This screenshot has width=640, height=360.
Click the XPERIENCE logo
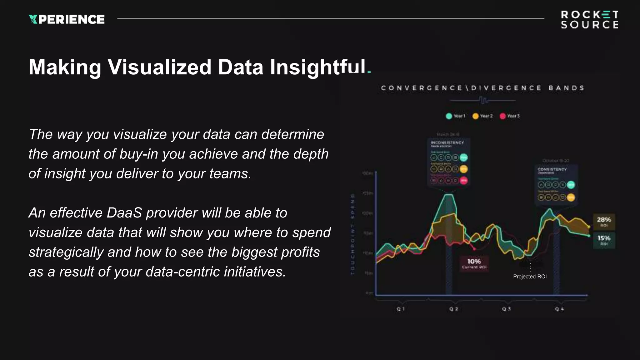pos(67,19)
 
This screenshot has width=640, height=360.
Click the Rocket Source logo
pos(589,20)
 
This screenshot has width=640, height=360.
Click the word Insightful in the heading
pos(317,67)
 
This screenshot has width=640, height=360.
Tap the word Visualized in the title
pos(160,67)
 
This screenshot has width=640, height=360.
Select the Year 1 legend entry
pos(456,116)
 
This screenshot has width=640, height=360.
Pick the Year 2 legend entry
pos(482,116)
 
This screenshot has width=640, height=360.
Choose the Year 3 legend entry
pos(510,116)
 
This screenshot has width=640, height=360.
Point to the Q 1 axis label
pos(401,309)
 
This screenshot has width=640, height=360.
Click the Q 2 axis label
pos(453,309)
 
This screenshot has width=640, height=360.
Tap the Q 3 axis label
pos(506,309)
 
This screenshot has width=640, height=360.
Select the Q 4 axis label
pos(559,309)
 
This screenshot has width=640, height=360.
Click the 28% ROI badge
pos(604,222)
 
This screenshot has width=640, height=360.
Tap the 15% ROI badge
pos(604,240)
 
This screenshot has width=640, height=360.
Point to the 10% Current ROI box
pos(474,263)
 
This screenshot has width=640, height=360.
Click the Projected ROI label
pos(530,277)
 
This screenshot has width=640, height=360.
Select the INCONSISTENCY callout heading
pos(447,143)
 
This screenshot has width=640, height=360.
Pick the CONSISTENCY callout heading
pos(552,169)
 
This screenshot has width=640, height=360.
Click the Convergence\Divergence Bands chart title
pos(482,88)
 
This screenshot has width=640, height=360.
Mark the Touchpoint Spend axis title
pos(353,234)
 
